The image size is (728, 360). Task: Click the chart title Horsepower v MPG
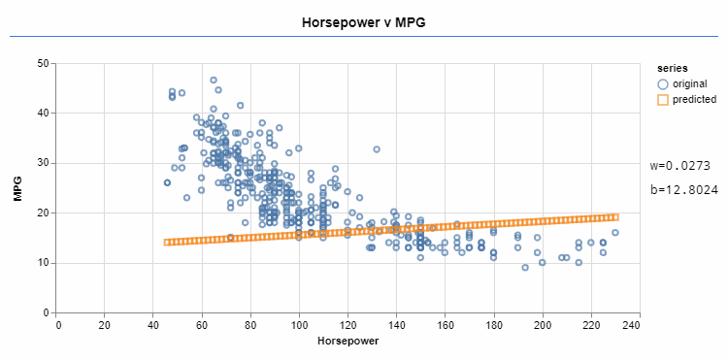coord(363,20)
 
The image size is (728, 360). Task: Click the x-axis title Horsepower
coord(347,343)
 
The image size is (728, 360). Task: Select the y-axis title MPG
coord(17,188)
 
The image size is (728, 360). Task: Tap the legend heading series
coord(672,69)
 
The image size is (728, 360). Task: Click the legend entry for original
coord(688,84)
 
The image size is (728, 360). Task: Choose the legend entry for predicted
coord(693,99)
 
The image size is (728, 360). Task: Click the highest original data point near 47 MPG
coord(214,81)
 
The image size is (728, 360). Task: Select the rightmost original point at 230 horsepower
coord(615,233)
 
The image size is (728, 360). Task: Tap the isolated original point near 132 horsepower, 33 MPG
coord(377,149)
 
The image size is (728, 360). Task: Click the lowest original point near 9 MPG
coord(525,268)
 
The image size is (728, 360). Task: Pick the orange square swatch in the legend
coord(663,99)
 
